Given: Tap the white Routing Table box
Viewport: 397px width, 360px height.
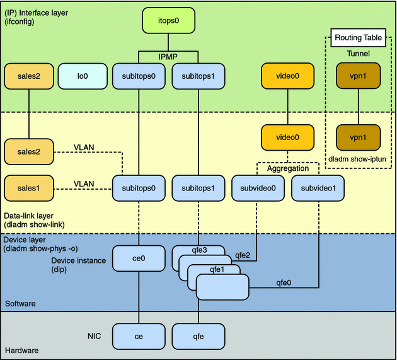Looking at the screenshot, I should click(357, 38).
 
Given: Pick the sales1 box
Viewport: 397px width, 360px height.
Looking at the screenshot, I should click(28, 188).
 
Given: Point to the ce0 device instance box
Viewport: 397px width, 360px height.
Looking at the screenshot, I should click(137, 258).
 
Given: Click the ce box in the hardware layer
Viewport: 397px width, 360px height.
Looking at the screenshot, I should click(137, 336).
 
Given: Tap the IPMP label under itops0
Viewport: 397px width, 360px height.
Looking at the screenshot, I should click(168, 56).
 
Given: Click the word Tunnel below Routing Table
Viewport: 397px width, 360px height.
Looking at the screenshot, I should click(357, 54).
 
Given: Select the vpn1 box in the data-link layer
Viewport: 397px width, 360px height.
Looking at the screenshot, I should click(357, 136).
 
